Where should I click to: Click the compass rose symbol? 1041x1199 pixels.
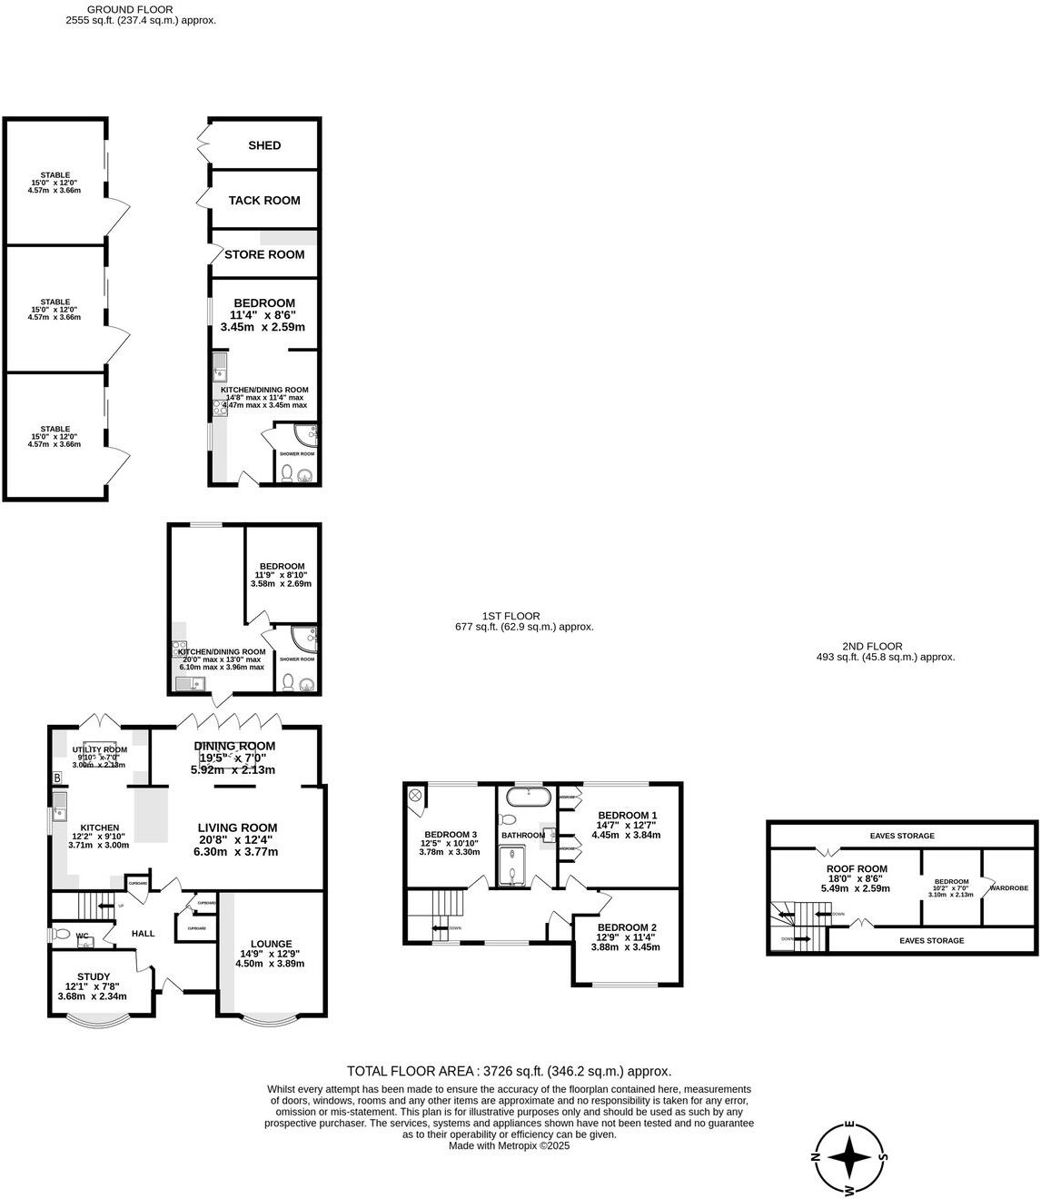coord(849,1158)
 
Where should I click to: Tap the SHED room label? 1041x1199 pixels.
coord(264,145)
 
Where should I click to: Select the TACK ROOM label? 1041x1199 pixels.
coord(264,201)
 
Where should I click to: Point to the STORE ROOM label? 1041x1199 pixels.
coord(264,254)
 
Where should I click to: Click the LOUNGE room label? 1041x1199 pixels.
coord(272,944)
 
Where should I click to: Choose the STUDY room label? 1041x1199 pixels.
coord(94,977)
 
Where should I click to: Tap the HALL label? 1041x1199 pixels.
coord(144,934)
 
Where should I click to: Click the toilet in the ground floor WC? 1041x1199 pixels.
coord(62,934)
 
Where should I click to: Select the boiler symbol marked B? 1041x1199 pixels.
coord(57,778)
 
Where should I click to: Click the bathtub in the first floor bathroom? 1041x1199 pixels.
coord(527,798)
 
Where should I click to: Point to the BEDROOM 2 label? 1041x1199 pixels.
coord(626,927)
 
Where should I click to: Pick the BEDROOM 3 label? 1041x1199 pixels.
coord(450,835)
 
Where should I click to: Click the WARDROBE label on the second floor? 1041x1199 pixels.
coord(1008,887)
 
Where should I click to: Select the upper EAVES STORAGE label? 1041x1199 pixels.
coord(901,836)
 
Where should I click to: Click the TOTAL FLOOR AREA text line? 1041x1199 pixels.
coord(509,1072)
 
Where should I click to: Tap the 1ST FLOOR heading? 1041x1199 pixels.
coord(511,616)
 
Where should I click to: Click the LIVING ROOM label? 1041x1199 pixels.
coord(237,827)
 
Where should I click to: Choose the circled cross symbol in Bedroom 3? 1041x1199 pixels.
coord(416,796)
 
